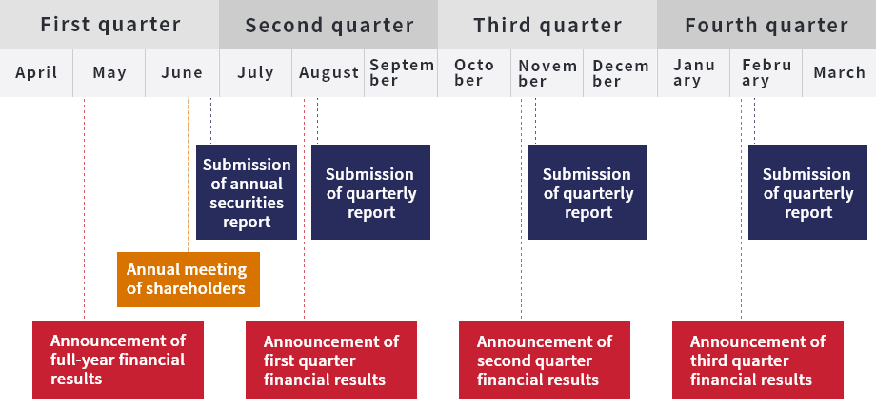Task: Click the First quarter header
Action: click(109, 24)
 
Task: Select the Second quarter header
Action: click(328, 24)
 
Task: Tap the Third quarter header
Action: click(547, 24)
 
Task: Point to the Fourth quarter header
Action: click(766, 24)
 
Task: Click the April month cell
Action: click(36, 72)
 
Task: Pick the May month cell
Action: click(109, 72)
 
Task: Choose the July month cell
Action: click(255, 72)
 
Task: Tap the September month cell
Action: click(401, 72)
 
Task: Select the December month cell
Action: click(620, 72)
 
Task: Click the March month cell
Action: click(839, 72)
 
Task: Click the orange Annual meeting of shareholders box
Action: click(189, 280)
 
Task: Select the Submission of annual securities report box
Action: click(247, 192)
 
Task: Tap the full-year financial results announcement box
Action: click(118, 360)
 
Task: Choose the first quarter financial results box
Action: click(331, 360)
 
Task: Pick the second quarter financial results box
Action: click(545, 360)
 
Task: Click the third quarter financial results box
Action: click(758, 360)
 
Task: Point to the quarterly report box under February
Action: click(807, 192)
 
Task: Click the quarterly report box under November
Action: click(587, 192)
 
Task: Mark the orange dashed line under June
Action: click(189, 175)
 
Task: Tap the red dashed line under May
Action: click(85, 209)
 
